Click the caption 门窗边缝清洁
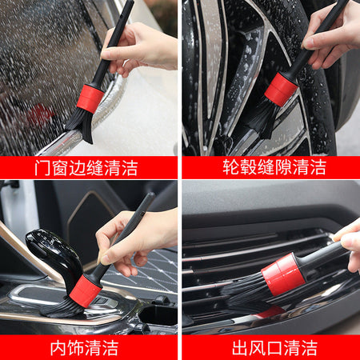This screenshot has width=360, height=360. [x=86, y=168]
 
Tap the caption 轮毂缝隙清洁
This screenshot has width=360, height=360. [x=274, y=167]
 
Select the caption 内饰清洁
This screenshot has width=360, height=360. [x=84, y=348]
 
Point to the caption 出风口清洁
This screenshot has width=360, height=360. [x=274, y=348]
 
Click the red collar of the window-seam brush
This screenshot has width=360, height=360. [x=90, y=98]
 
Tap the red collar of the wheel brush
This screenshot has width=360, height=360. [x=281, y=89]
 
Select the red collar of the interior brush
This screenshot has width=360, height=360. [x=86, y=291]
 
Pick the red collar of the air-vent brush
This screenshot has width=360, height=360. [x=283, y=274]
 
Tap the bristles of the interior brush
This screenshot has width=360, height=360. [x=62, y=308]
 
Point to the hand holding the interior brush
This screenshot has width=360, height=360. [x=134, y=240]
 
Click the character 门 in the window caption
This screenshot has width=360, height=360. [x=42, y=168]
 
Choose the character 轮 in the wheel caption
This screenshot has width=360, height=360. [x=231, y=167]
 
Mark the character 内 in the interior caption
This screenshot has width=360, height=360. [x=58, y=348]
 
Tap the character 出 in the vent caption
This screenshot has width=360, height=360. [x=240, y=348]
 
